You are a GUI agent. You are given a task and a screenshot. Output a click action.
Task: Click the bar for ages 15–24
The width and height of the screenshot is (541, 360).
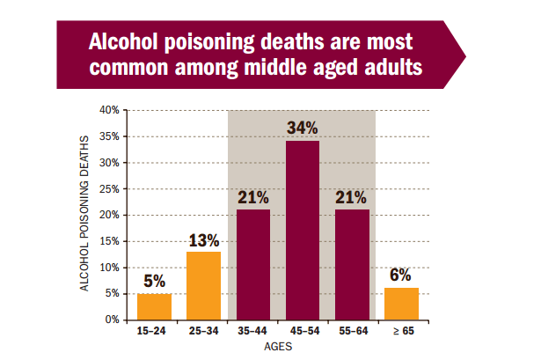tap(154, 306)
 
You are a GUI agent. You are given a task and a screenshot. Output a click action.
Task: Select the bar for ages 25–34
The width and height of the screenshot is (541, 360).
tap(204, 285)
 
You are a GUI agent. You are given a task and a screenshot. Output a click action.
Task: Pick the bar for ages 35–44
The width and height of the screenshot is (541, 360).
tap(253, 264)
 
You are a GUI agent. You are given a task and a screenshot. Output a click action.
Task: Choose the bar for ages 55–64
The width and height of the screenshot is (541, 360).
tap(352, 264)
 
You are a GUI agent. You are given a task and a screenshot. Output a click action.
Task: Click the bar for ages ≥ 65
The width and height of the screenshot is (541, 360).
tap(401, 304)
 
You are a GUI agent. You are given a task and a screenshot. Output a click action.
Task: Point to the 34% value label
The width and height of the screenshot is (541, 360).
tap(303, 128)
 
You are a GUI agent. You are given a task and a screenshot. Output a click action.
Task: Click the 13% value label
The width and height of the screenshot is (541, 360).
tap(204, 239)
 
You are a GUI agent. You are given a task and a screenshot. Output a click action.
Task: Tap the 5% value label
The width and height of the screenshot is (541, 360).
tap(154, 282)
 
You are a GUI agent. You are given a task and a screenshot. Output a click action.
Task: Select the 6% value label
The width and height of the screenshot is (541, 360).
tap(401, 276)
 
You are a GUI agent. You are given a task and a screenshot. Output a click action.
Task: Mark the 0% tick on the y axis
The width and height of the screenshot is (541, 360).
tap(113, 320)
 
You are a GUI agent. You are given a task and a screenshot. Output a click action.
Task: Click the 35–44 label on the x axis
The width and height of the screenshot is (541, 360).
tap(253, 332)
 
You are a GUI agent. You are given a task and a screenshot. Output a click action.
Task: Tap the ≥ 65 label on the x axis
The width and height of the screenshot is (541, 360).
tap(401, 332)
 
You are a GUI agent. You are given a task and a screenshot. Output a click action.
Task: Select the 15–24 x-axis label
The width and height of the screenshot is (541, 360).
tap(154, 332)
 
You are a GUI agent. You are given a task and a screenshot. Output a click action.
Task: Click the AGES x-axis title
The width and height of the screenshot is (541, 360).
tap(278, 347)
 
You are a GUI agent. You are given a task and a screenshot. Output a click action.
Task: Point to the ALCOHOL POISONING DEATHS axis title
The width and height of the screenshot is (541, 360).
tap(85, 215)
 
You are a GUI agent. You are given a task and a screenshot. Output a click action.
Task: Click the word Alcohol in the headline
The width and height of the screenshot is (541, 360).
tap(128, 43)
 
